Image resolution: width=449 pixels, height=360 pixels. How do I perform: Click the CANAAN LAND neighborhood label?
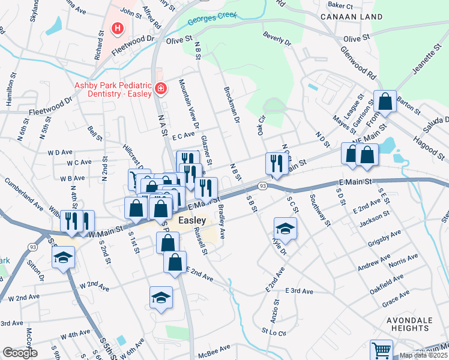344,17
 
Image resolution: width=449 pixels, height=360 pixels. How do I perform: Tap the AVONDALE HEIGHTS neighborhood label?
409,324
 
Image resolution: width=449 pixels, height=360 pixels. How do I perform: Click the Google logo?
19,353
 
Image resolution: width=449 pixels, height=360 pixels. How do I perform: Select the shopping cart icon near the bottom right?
381,349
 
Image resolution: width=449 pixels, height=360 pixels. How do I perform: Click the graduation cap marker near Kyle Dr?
285,228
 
